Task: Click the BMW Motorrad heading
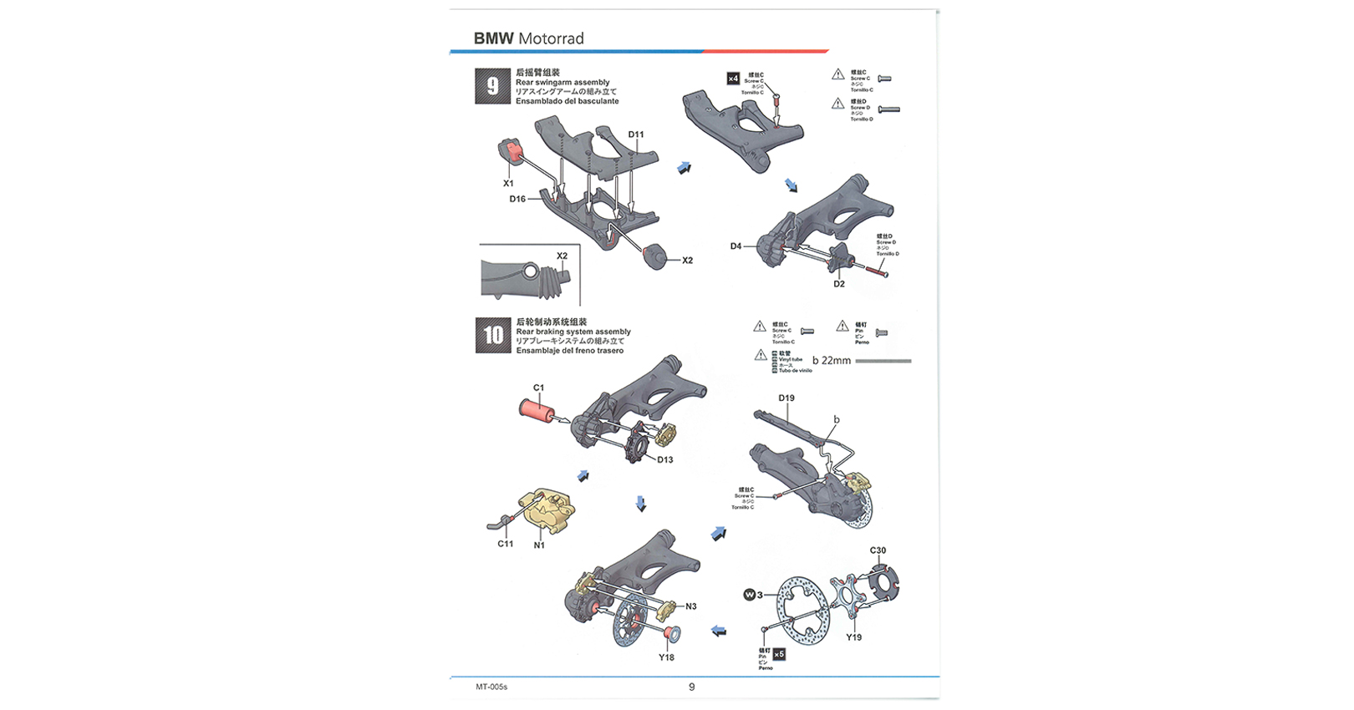click(528, 38)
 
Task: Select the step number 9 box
click(492, 86)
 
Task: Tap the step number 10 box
click(493, 335)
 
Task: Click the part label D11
click(636, 134)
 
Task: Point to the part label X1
click(508, 183)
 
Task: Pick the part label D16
click(517, 199)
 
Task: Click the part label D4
click(736, 246)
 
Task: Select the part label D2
click(838, 284)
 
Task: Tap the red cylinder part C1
click(535, 410)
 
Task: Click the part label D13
click(664, 459)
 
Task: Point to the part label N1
click(539, 545)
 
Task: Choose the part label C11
click(506, 544)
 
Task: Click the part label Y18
click(666, 657)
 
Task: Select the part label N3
click(690, 606)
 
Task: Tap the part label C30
click(878, 550)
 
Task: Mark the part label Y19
click(853, 637)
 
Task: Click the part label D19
click(786, 398)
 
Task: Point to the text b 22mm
click(832, 361)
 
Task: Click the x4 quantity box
click(733, 79)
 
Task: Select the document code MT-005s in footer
click(491, 687)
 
